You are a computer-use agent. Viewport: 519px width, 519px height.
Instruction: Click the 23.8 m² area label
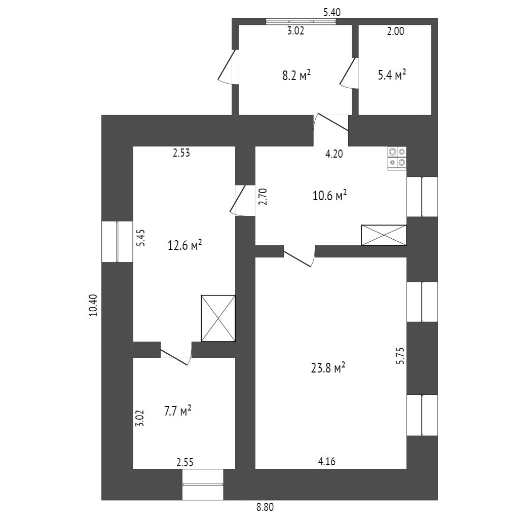[x=328, y=368]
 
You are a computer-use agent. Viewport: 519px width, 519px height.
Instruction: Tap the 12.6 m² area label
[x=185, y=246]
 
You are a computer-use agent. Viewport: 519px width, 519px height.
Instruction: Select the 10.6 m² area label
[x=329, y=195]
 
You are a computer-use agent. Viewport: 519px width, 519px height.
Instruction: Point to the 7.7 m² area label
[x=177, y=411]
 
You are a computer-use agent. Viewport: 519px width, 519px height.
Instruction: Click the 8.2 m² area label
[x=296, y=76]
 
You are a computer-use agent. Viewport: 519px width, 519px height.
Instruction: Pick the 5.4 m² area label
[x=392, y=76]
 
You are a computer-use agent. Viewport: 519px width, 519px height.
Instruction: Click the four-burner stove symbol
[x=397, y=158]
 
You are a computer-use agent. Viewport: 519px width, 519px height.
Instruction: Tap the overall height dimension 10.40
[x=93, y=306]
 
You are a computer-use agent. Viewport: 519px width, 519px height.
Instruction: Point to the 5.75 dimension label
[x=400, y=356]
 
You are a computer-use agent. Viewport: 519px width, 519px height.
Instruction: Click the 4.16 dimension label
[x=326, y=462]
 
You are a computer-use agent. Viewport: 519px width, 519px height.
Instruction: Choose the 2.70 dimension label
[x=262, y=196]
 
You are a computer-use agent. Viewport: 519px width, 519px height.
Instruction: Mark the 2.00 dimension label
[x=395, y=31]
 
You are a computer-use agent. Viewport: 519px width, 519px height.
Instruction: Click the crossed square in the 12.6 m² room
[x=218, y=318]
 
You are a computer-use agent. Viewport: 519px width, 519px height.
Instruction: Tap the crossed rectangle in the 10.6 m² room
[x=384, y=235]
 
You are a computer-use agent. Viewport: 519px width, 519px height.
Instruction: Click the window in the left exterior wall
[x=117, y=241]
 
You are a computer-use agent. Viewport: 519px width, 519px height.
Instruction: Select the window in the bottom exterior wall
[x=203, y=484]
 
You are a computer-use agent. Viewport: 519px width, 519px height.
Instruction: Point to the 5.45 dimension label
[x=141, y=238]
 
